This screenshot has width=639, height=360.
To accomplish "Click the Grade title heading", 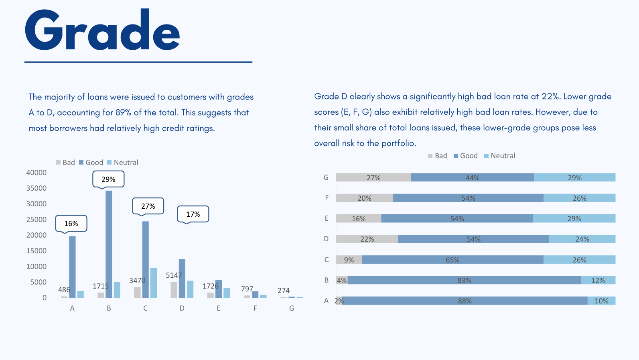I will pos(102,31).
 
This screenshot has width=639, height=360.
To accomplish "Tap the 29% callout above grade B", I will pos(108,179).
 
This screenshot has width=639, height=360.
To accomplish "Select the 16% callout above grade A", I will pos(71,224).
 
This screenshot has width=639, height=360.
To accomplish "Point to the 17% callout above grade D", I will pos(193,214).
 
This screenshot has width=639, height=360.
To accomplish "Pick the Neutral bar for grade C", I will pos(154,283).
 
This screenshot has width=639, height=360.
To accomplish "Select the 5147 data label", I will pos(174,275).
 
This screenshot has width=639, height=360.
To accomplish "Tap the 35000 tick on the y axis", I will pos(37,188).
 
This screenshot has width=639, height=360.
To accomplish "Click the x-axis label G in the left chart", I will pos(292,308).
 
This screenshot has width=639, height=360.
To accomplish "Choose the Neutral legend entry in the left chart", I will pos(123,163).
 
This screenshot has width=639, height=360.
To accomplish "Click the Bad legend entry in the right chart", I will pos(438,156).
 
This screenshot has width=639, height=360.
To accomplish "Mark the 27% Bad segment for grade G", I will pos(373,177).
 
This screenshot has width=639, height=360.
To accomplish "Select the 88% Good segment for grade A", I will pos(465,301).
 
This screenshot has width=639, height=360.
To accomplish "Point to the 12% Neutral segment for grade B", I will pos(598,280).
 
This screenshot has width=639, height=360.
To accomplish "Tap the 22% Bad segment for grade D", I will pos(367,239).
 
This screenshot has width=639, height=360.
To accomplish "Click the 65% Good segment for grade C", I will pos(452,260).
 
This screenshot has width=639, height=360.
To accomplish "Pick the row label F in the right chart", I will pos(327,198).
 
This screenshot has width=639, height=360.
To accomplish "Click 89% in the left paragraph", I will pos(124,113).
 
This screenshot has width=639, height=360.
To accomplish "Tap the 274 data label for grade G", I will pos(284,291).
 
